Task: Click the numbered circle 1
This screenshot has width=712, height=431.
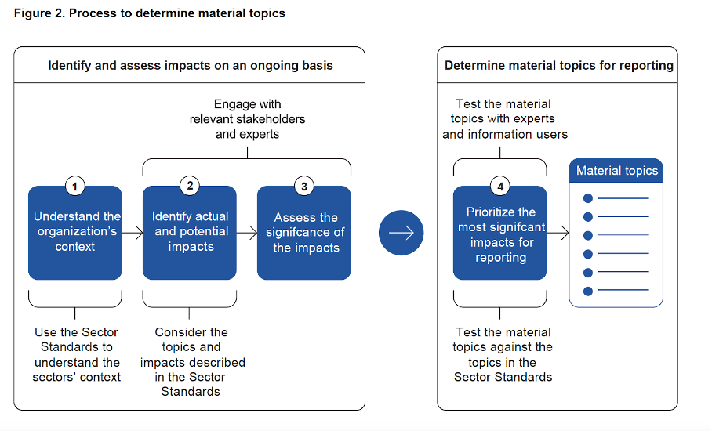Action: pos(75,186)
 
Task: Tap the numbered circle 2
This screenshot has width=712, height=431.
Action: pos(190,186)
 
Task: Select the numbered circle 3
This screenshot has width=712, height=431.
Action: pos(304,186)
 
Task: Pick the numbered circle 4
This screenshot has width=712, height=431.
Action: pos(500,186)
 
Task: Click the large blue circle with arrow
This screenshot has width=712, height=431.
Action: pos(401,233)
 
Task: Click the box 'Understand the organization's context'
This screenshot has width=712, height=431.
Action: pos(75,233)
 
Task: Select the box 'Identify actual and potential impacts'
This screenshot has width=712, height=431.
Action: pos(190,233)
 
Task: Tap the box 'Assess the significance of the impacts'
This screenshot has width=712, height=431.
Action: pos(304,233)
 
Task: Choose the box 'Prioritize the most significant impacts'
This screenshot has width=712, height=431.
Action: pos(500,233)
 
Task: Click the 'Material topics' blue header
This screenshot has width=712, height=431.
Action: pos(616,171)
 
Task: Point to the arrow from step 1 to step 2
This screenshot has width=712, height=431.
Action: pos(133,234)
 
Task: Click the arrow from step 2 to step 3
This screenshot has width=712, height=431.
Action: pos(247,234)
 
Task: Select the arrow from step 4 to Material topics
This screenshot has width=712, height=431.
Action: pos(558,234)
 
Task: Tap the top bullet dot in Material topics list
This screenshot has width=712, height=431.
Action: pos(588,198)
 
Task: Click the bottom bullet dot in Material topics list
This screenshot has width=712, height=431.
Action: pos(588,292)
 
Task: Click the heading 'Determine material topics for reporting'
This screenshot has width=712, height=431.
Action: pos(559,65)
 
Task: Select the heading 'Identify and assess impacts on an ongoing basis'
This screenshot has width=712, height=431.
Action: pos(191,65)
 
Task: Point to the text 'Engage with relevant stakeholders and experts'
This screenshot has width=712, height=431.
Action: pos(248,119)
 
